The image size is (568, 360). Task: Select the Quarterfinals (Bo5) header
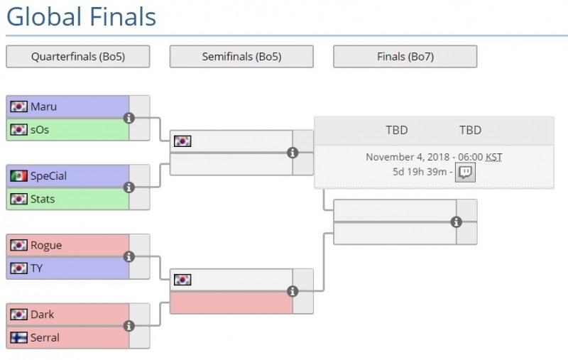78,57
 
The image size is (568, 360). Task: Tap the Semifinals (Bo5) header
241,57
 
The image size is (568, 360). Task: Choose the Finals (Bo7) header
405,57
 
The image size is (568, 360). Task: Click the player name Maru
43,107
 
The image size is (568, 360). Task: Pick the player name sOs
40,129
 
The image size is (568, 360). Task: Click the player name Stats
43,199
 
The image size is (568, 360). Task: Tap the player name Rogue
46,245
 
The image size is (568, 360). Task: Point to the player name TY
37,268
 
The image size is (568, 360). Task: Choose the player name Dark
42,315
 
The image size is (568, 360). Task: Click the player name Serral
45,337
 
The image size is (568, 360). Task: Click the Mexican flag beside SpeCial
19,176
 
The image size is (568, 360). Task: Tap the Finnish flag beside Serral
19,337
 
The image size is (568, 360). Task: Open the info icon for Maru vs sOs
129,118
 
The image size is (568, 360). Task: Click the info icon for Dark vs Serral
129,326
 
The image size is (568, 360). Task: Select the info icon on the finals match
457,222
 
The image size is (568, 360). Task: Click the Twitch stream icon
464,172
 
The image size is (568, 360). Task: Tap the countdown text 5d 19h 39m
420,172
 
